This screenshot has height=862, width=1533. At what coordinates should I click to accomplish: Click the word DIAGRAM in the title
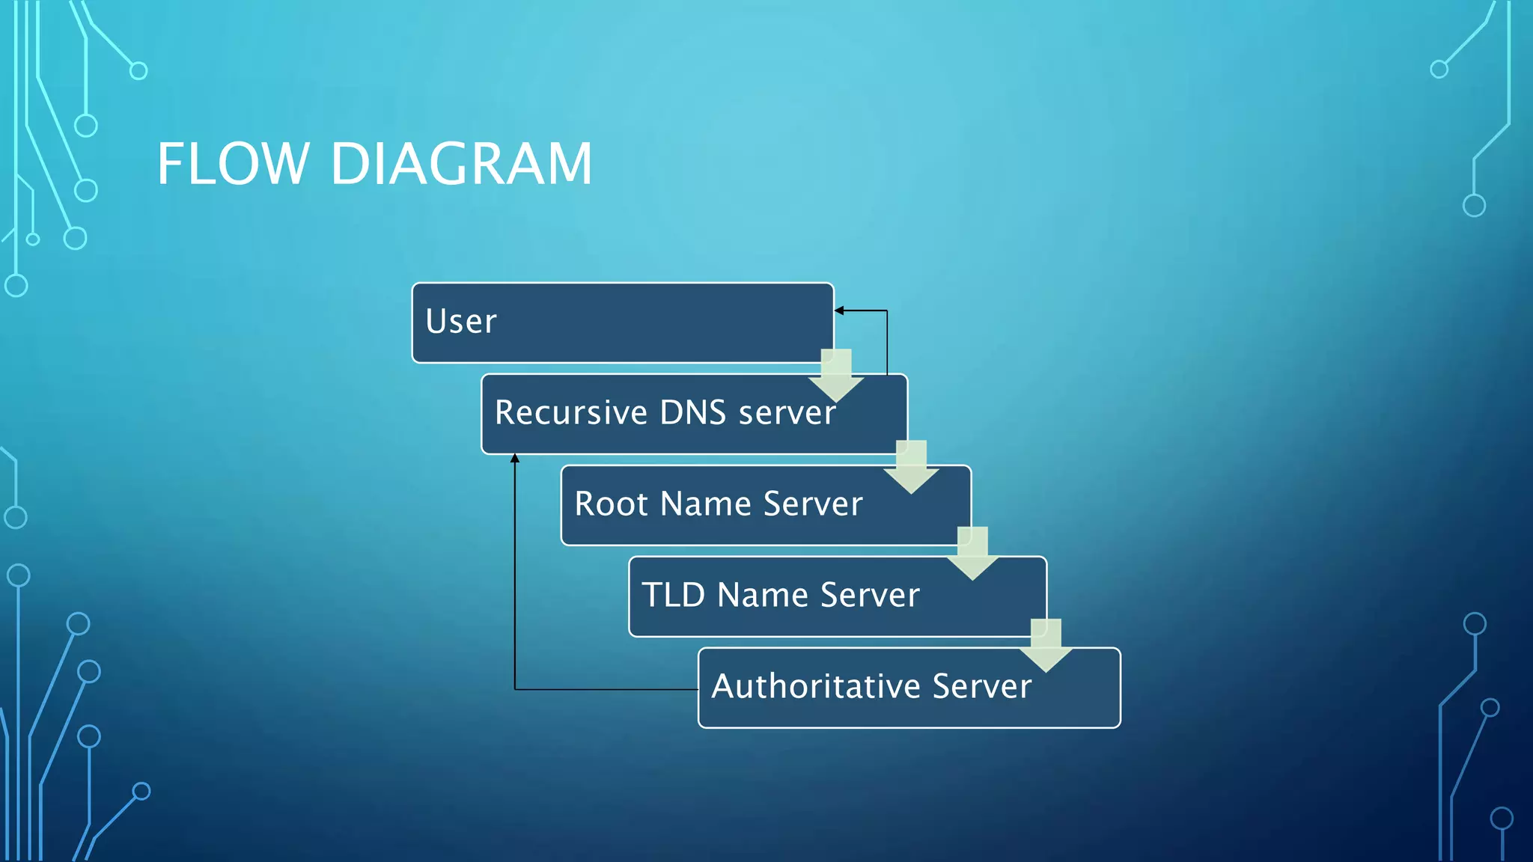461,164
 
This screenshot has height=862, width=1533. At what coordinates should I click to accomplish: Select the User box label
461,322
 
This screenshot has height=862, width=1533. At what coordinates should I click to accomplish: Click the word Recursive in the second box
570,413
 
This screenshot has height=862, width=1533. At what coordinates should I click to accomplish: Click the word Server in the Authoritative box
982,686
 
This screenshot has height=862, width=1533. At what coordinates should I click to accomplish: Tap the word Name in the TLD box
762,595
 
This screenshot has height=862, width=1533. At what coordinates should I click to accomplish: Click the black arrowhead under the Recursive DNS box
515,459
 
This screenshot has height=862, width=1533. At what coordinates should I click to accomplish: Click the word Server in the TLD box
870,595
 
